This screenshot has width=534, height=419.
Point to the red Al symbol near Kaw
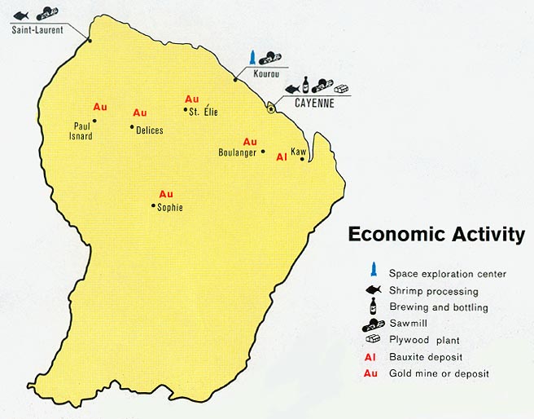tap(282, 157)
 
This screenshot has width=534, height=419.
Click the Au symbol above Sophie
tap(166, 194)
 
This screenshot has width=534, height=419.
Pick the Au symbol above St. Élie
tap(192, 99)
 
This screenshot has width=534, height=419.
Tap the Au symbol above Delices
tap(140, 112)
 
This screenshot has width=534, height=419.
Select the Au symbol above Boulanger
tap(250, 142)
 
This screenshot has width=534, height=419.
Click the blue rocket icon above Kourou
tap(253, 57)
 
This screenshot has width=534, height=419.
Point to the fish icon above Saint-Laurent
tap(20, 15)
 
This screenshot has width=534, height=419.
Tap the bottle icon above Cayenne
tap(306, 85)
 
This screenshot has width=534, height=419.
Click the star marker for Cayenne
tap(271, 108)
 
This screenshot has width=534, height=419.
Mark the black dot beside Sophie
tap(153, 206)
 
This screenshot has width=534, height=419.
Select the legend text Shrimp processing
tap(433, 291)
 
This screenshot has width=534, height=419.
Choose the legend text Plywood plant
tap(423, 340)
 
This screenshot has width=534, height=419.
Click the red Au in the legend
tap(371, 373)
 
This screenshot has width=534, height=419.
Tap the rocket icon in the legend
tap(372, 270)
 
